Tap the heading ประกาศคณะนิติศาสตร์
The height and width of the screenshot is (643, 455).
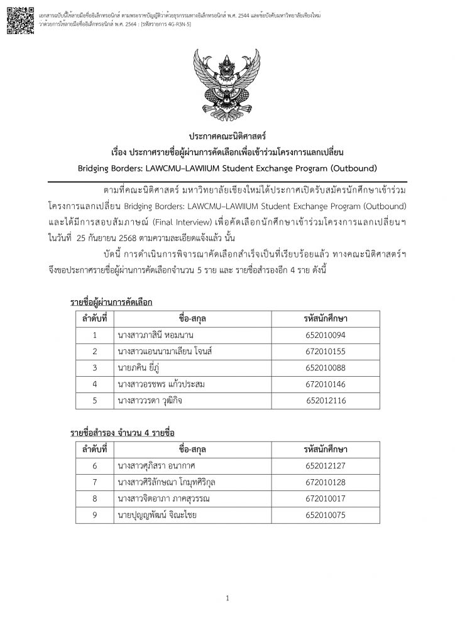pyautogui.click(x=227, y=136)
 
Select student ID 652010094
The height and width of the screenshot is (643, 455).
pyautogui.click(x=325, y=335)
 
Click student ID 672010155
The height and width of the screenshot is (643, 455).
pyautogui.click(x=325, y=350)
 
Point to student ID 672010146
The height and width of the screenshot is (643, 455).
pyautogui.click(x=325, y=383)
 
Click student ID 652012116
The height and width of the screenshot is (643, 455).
pyautogui.click(x=326, y=399)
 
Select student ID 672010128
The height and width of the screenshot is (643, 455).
pyautogui.click(x=325, y=482)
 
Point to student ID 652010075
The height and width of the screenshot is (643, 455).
pyautogui.click(x=325, y=515)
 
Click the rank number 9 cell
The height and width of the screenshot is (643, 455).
pyautogui.click(x=94, y=515)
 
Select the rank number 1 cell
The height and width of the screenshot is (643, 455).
pyautogui.click(x=94, y=335)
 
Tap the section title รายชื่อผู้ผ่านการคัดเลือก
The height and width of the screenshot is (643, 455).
pyautogui.click(x=111, y=303)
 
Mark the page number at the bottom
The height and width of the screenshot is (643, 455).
pyautogui.click(x=227, y=599)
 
